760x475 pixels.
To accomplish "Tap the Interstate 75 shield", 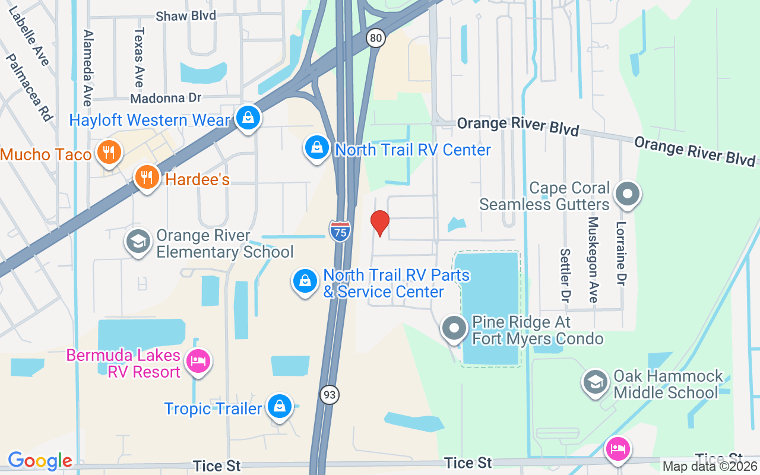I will click(x=339, y=230).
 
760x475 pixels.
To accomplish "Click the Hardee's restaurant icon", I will click(x=146, y=177).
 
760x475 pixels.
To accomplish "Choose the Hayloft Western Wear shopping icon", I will click(x=248, y=118).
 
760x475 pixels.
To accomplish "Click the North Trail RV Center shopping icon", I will click(x=317, y=147).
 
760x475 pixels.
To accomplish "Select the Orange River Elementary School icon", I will click(x=138, y=242).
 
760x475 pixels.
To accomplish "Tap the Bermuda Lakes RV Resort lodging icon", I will click(x=198, y=361).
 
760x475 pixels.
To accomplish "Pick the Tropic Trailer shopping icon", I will click(x=278, y=406).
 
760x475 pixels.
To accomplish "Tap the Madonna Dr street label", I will click(x=166, y=98).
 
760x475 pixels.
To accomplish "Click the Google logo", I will click(x=40, y=461).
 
